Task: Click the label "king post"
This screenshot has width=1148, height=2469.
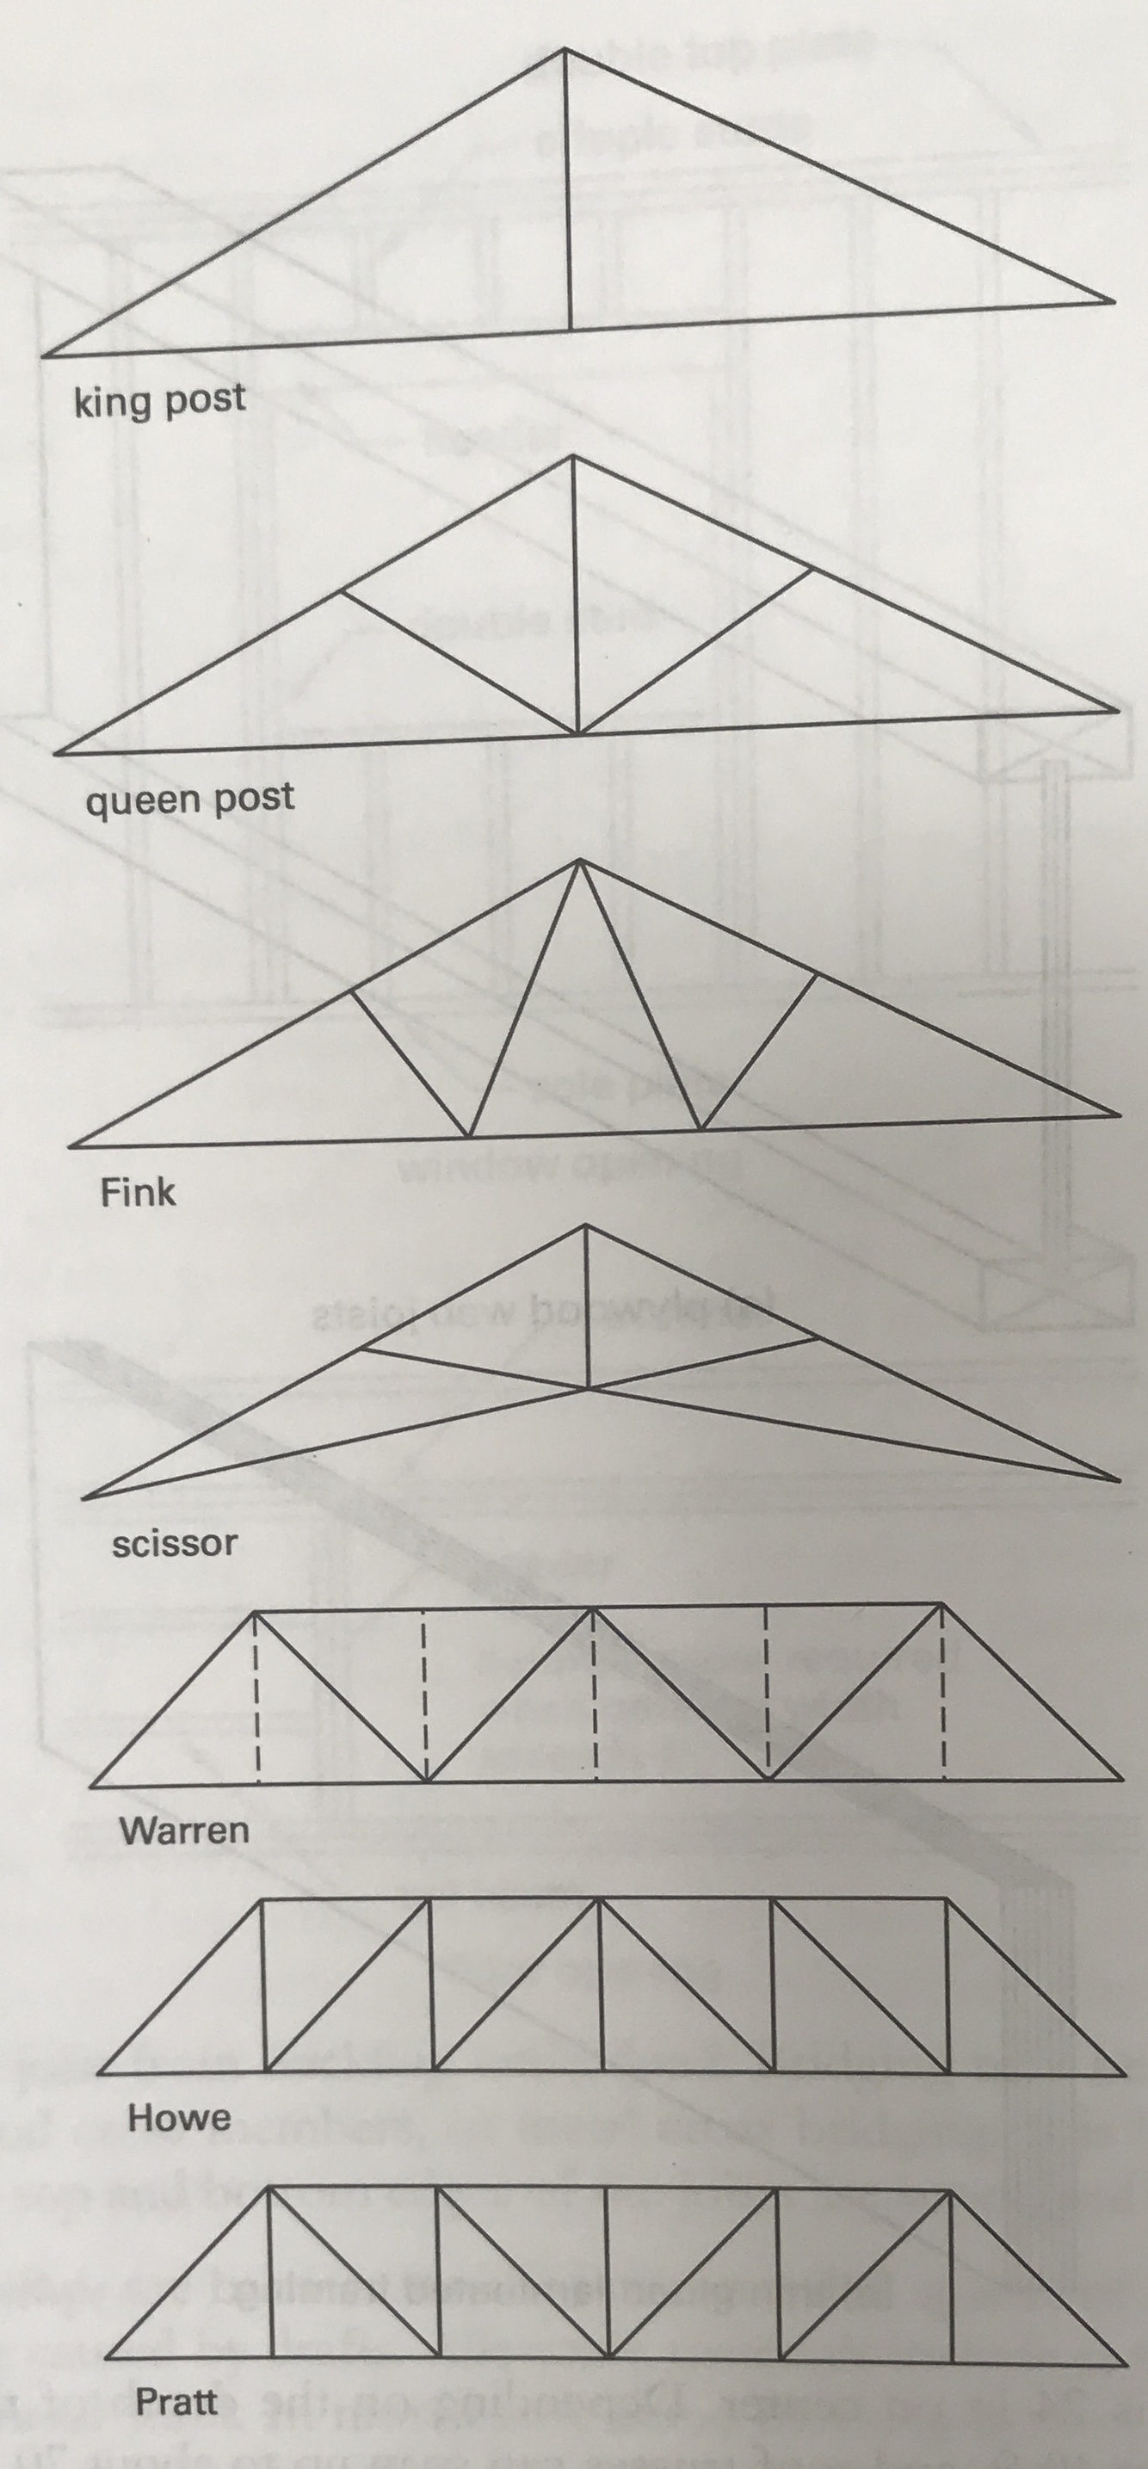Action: [160, 401]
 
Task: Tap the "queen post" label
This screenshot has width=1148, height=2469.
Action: [189, 799]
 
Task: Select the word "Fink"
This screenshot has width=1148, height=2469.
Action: [138, 1194]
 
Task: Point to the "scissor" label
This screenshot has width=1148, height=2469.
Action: [175, 1544]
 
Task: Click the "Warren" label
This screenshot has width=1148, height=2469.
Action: [184, 1830]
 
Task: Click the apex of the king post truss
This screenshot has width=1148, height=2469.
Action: [565, 50]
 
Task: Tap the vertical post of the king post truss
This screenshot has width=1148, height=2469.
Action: [567, 192]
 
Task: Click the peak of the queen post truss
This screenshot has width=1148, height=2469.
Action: [573, 456]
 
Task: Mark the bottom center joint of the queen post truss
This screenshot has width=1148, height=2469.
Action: [577, 734]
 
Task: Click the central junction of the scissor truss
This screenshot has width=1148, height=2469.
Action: [588, 1387]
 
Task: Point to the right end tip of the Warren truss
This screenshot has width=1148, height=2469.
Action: [1121, 1780]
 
